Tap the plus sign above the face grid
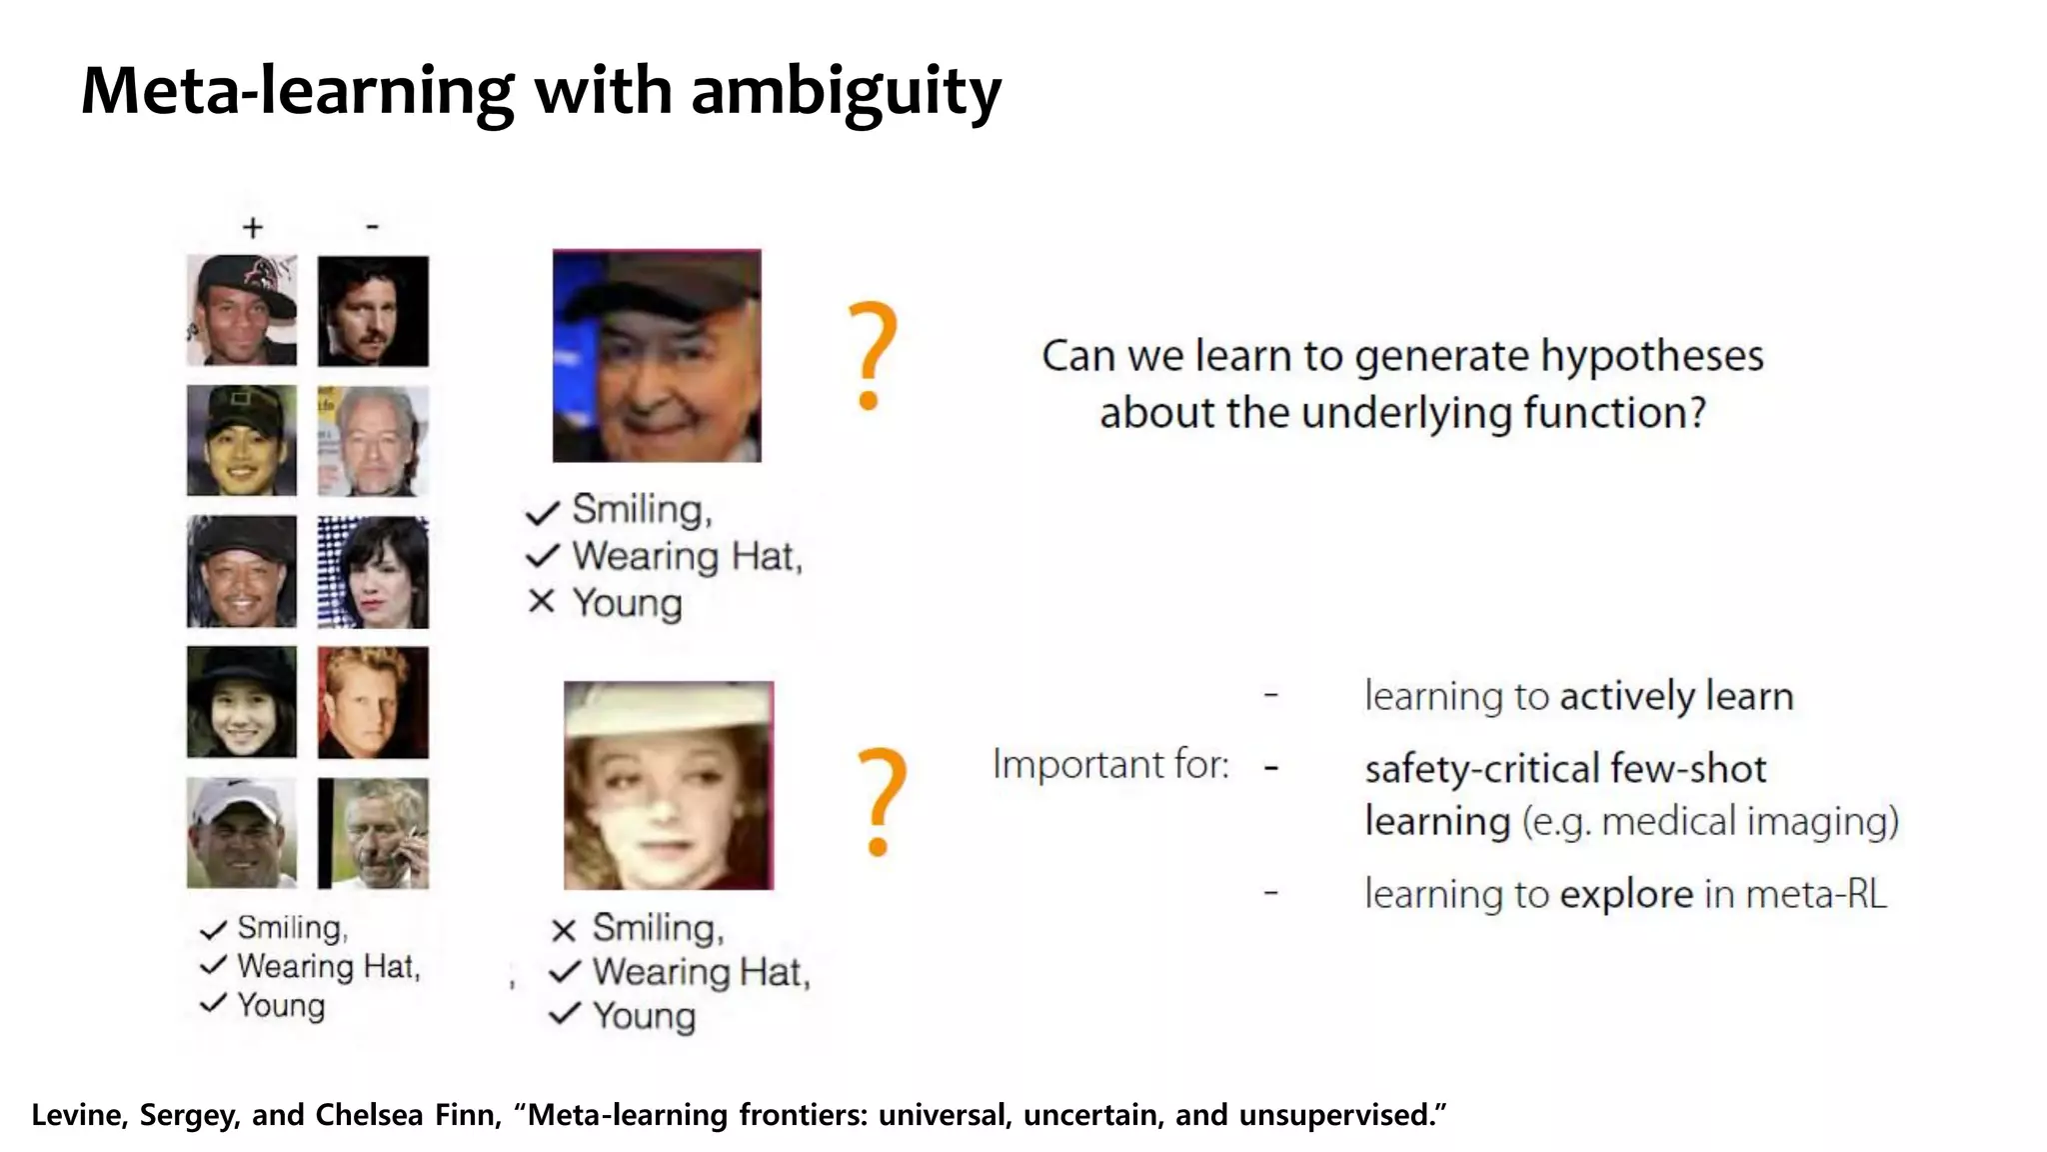point(253,228)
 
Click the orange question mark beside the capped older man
point(872,355)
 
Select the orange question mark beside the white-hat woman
point(882,800)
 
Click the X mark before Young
point(541,601)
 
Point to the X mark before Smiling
point(564,930)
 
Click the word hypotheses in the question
point(1651,356)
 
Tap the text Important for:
point(1110,765)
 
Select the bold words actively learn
point(1677,696)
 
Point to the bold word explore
point(1626,894)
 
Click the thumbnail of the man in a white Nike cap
point(242,833)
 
